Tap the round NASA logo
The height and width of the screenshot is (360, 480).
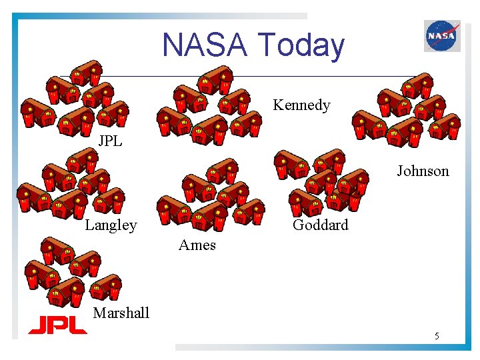click(x=442, y=35)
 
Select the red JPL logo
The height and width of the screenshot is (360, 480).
click(x=57, y=325)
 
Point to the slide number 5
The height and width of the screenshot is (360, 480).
click(x=437, y=336)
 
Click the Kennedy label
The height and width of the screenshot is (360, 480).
click(x=301, y=105)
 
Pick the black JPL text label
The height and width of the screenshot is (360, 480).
click(x=110, y=141)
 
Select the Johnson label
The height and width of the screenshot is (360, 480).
click(x=423, y=171)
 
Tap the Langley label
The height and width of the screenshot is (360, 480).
click(x=111, y=225)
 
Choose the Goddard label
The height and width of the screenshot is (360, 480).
click(x=320, y=225)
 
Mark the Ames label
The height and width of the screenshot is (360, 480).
click(x=197, y=245)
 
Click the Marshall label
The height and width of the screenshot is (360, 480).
click(x=121, y=313)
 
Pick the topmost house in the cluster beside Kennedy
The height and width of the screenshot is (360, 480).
click(x=215, y=80)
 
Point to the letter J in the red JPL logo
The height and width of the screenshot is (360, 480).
click(x=36, y=325)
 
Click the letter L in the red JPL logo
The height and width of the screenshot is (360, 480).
click(x=77, y=325)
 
